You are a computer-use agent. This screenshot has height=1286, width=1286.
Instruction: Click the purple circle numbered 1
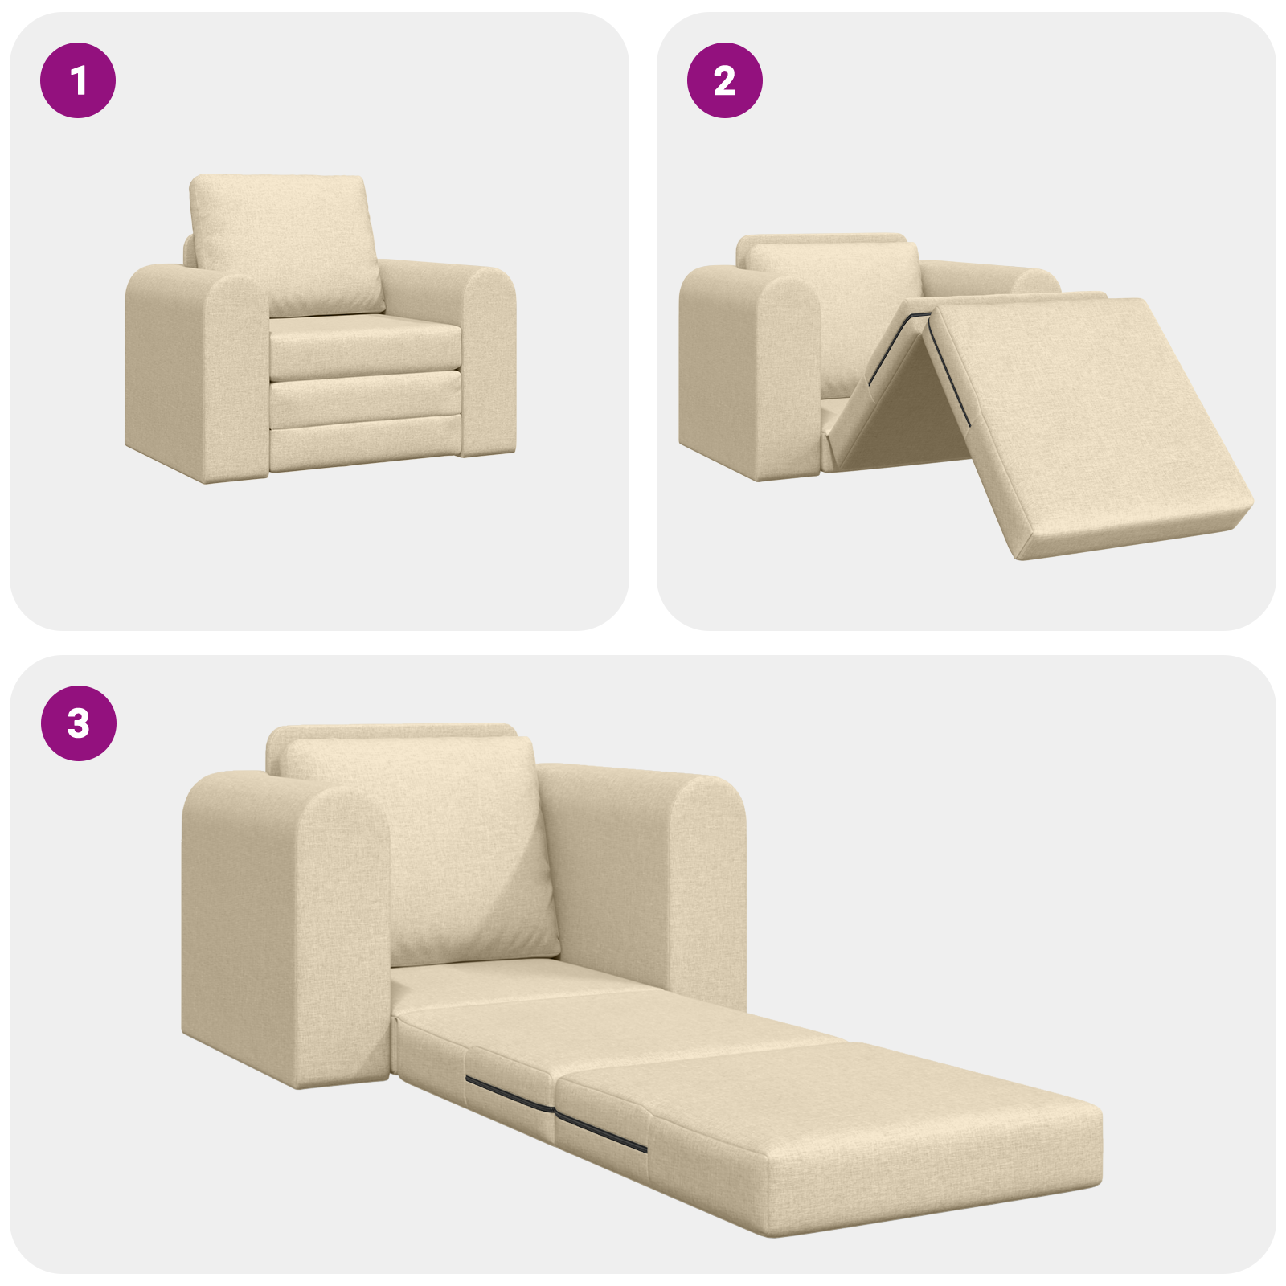click(x=78, y=80)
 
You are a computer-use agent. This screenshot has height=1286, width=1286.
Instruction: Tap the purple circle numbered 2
click(x=724, y=80)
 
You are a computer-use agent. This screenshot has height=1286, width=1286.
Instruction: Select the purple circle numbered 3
click(x=78, y=723)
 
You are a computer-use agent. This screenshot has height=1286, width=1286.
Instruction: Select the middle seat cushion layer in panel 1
click(x=366, y=398)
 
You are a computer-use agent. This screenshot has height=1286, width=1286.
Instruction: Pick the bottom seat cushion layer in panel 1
click(x=366, y=450)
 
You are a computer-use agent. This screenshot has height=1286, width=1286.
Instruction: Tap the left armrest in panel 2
click(x=747, y=370)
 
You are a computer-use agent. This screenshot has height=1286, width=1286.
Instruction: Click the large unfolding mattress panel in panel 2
click(x=1085, y=418)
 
